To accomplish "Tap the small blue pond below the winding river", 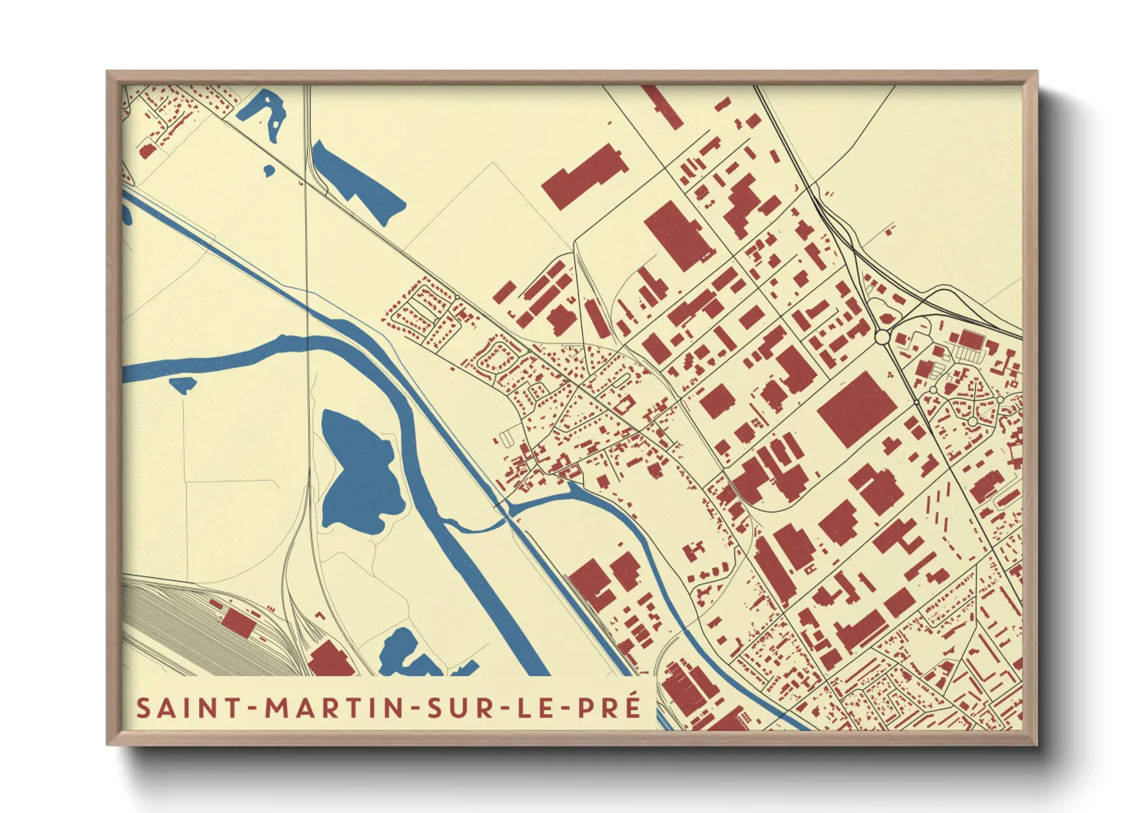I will (x=183, y=385).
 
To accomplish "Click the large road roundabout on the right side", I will (x=883, y=337).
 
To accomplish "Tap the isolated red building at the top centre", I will (x=585, y=175).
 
